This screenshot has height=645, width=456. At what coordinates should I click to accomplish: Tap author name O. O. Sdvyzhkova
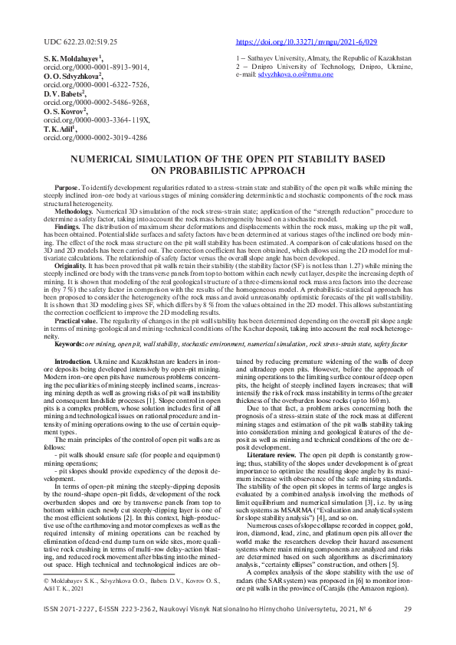pos(74,77)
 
